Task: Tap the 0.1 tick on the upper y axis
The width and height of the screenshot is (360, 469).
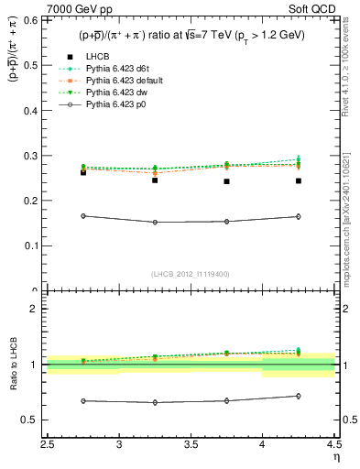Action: (x=34, y=245)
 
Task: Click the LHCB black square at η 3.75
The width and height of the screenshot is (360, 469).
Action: (x=226, y=181)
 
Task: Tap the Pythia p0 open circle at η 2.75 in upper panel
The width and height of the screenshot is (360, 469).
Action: (x=83, y=216)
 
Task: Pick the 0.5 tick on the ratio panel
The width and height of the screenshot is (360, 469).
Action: (x=34, y=420)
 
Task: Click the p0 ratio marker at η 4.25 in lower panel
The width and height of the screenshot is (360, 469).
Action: (x=298, y=396)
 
